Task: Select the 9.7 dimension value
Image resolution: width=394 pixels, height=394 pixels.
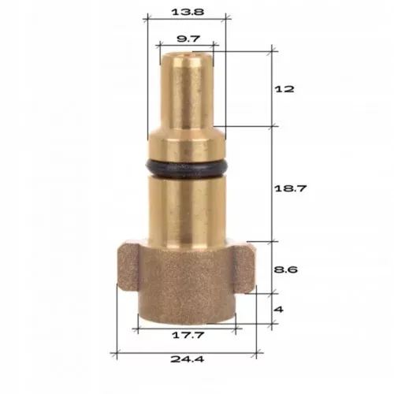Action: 187,38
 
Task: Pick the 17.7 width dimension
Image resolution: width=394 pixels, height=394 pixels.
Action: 187,336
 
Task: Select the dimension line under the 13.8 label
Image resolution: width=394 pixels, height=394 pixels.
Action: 187,23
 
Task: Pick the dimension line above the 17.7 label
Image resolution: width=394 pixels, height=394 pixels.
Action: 187,325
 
